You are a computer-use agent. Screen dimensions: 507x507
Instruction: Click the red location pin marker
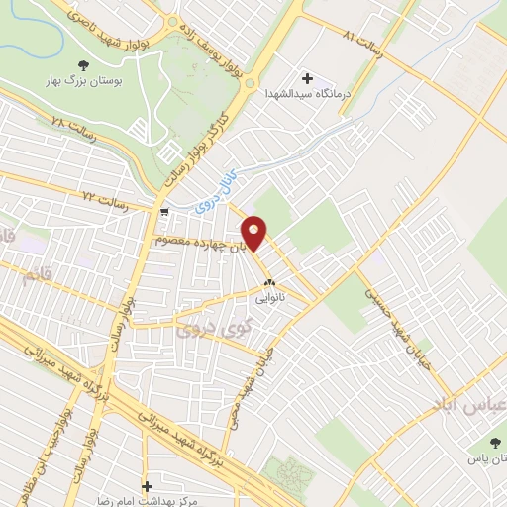[x=254, y=232]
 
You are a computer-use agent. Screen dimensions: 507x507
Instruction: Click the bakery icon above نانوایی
[x=269, y=280]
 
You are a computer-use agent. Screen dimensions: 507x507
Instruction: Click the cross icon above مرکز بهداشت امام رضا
[x=148, y=487]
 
